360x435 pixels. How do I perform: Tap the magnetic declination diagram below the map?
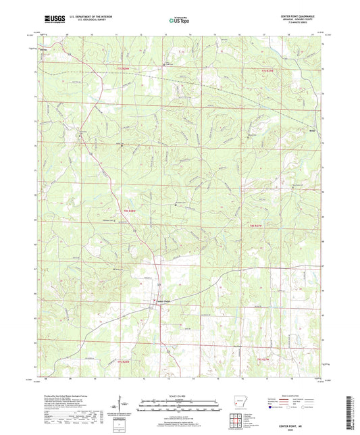[x=122, y=405]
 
